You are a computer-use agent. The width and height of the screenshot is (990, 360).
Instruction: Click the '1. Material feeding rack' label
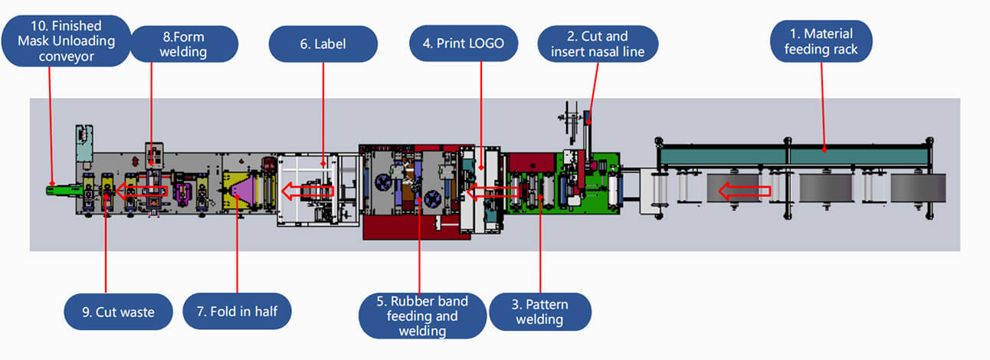(x=821, y=42)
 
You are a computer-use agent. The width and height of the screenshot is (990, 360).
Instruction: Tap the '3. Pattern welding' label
(x=539, y=312)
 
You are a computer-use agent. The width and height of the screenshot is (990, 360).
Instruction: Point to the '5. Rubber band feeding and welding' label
(x=422, y=315)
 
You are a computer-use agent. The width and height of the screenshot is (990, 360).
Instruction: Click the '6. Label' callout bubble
(x=323, y=44)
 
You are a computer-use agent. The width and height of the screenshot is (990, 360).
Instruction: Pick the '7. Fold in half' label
(x=238, y=312)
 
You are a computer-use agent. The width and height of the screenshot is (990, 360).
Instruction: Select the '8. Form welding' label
(x=172, y=44)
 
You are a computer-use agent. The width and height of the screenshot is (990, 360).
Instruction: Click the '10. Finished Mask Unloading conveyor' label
(x=65, y=41)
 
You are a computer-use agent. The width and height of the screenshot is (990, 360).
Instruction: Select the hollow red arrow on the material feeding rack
(x=743, y=191)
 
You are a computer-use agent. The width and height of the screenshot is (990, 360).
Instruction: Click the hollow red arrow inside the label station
(x=308, y=191)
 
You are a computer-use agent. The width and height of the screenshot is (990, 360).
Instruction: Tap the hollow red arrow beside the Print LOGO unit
(x=491, y=192)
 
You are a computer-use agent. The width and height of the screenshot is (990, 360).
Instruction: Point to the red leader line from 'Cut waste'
(x=105, y=245)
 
